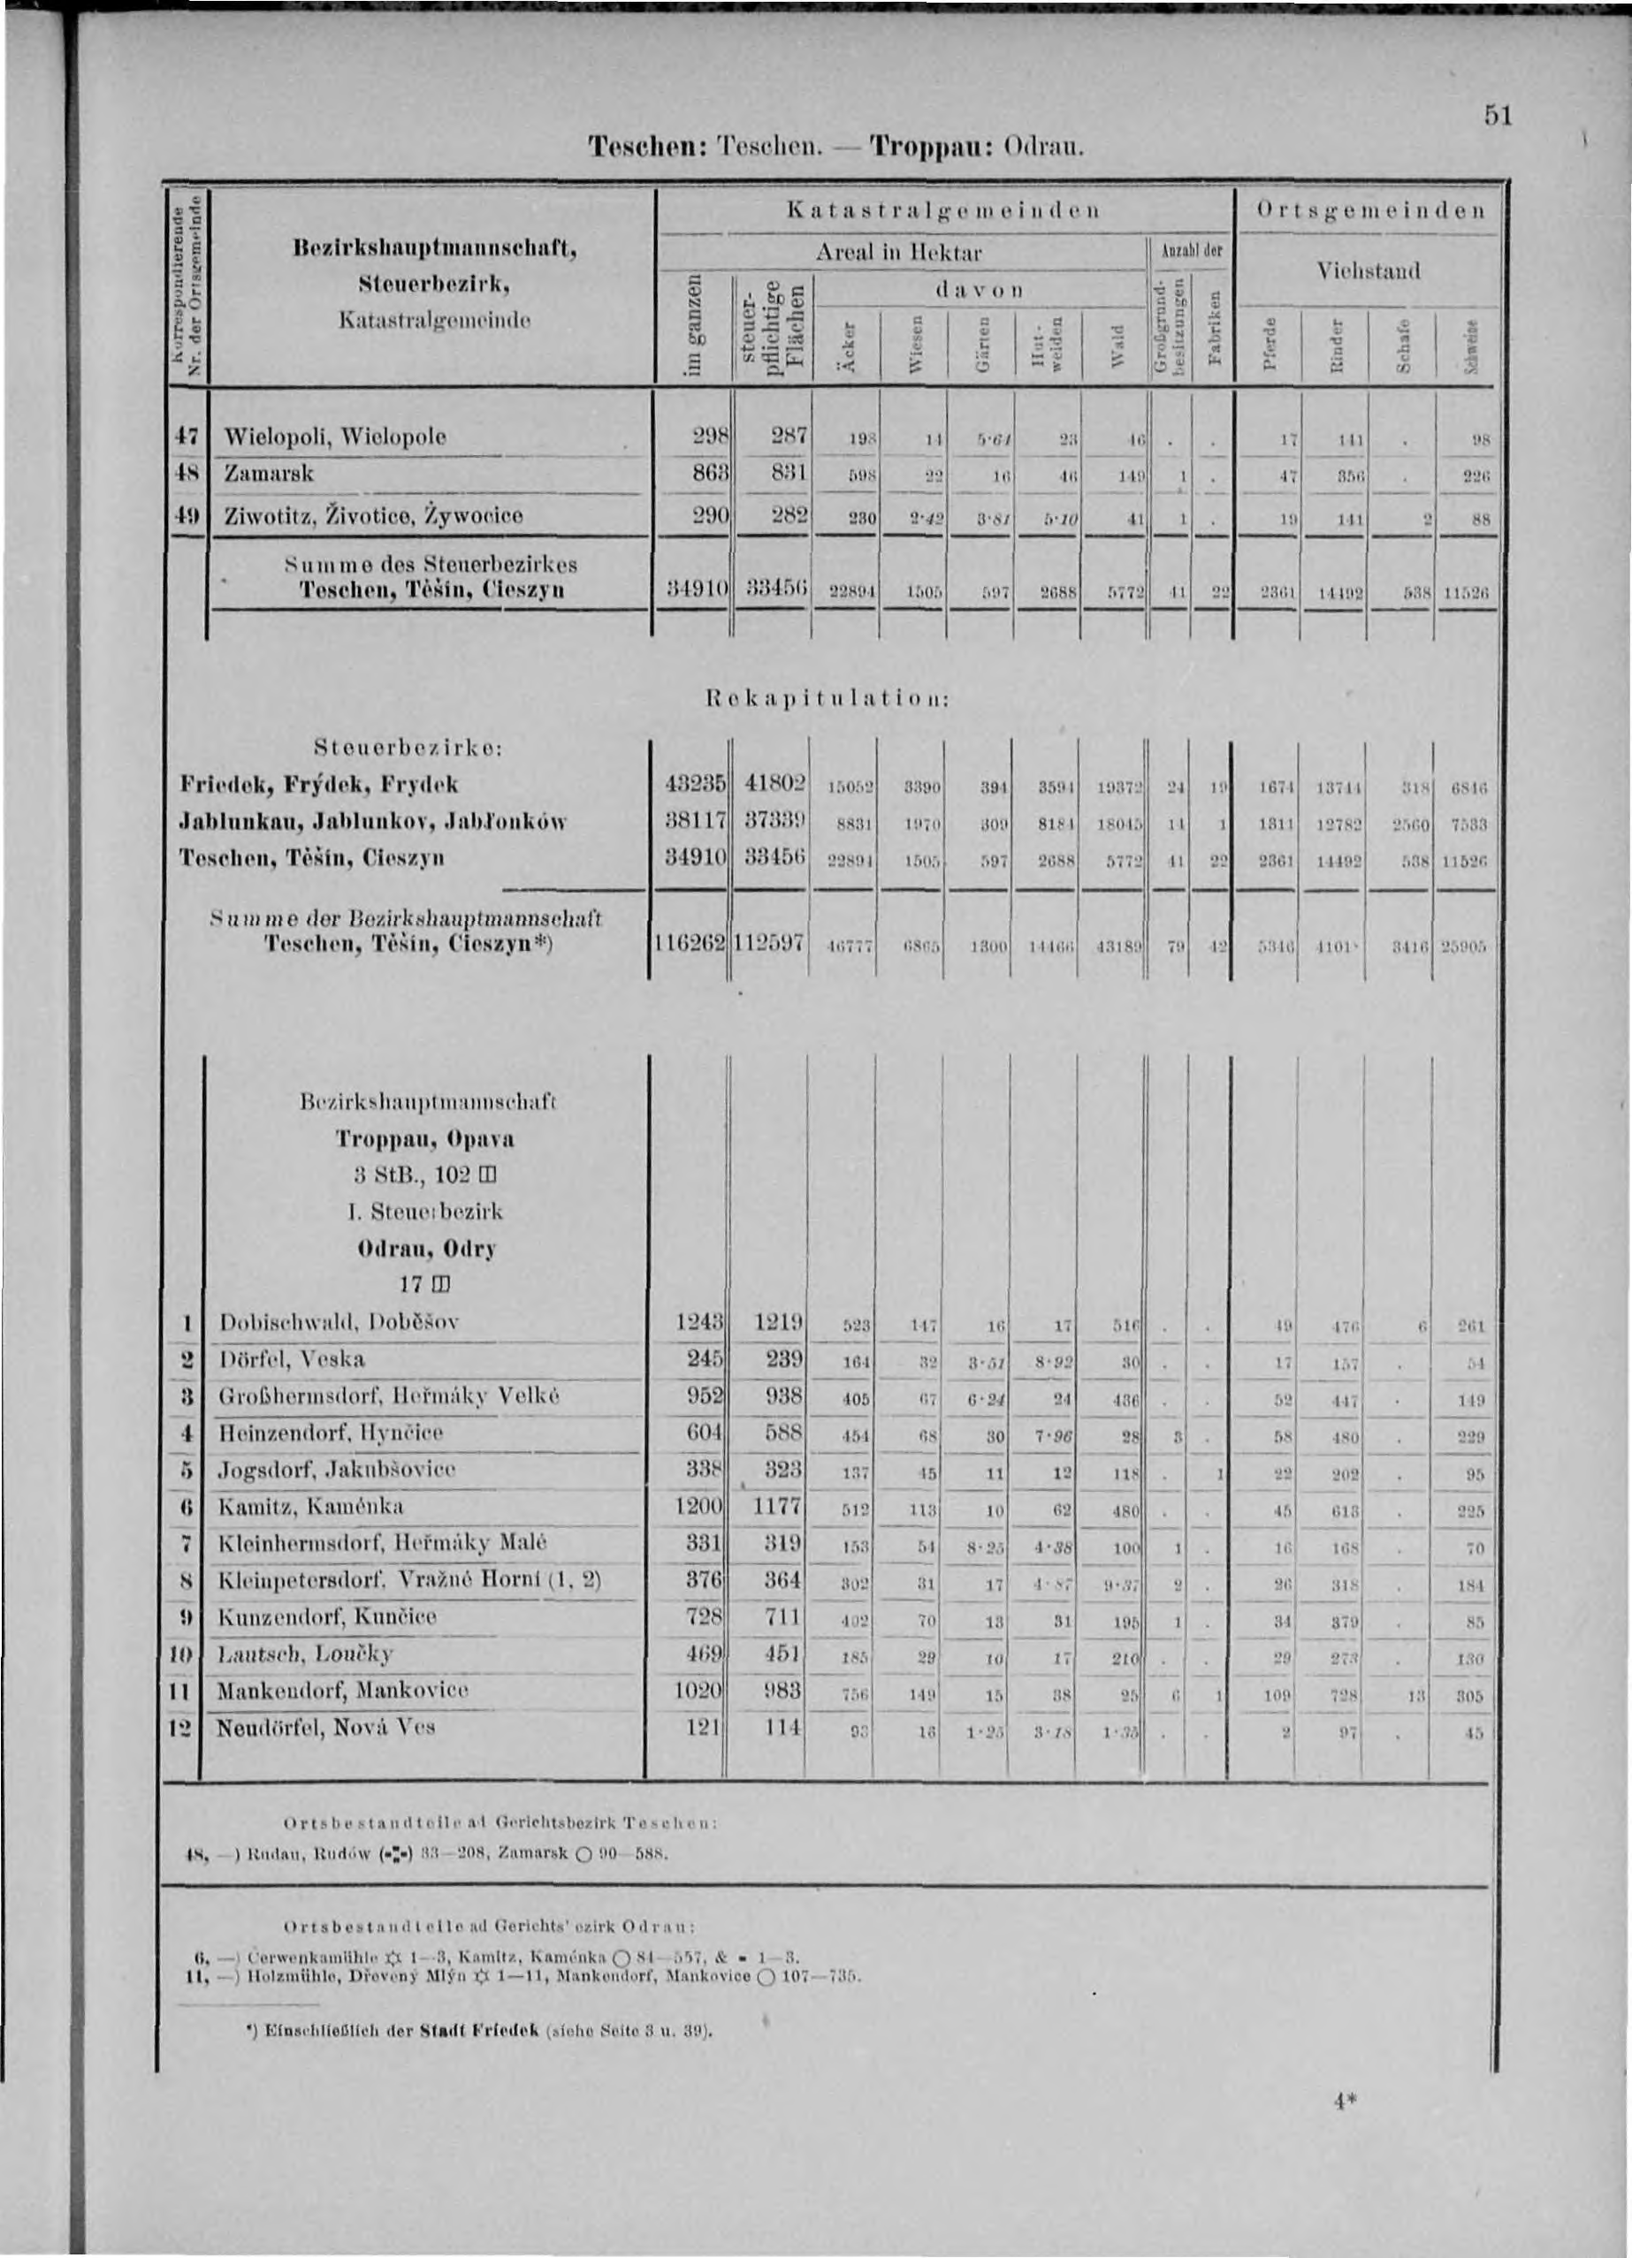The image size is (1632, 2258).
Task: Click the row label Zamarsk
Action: click(x=269, y=474)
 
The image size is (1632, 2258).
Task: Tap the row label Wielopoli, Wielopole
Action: click(x=336, y=436)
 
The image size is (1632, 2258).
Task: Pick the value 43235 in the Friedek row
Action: click(x=699, y=785)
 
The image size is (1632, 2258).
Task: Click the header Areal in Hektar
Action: click(x=899, y=253)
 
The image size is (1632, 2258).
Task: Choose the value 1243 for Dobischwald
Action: click(x=702, y=1322)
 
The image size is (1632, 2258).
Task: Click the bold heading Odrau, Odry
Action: click(x=426, y=1249)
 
